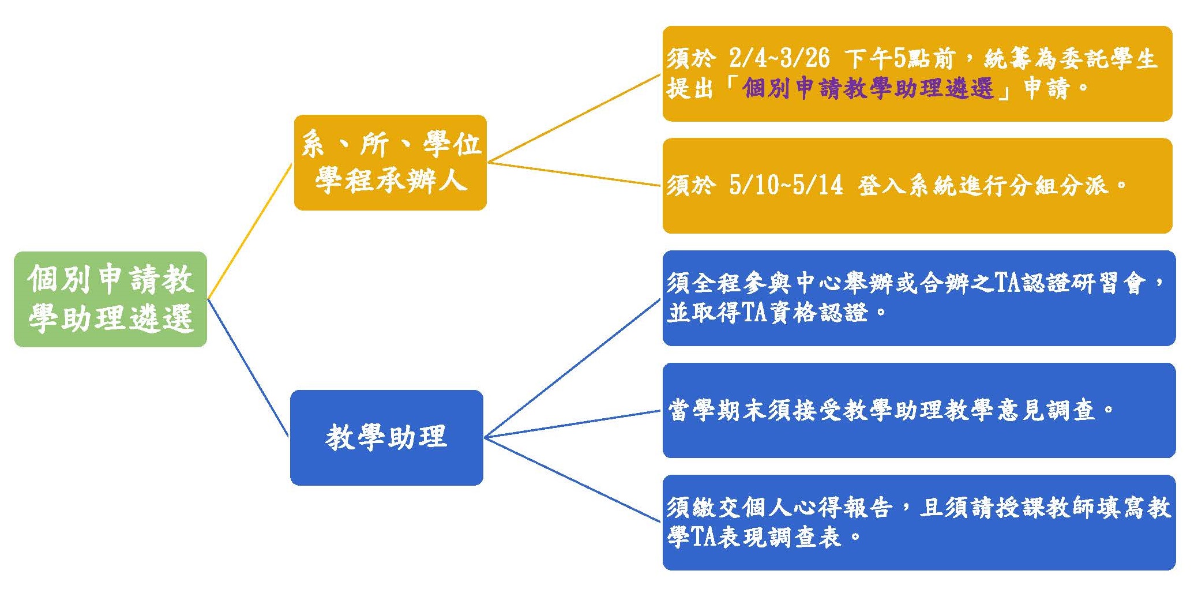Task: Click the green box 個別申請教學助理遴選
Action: click(x=110, y=299)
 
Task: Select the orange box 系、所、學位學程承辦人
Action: click(x=390, y=163)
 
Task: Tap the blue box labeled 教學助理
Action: click(x=386, y=437)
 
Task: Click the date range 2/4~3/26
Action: click(x=779, y=58)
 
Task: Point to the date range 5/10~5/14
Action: click(x=786, y=185)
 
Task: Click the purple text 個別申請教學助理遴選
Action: click(x=868, y=88)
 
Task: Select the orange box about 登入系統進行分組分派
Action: click(x=917, y=186)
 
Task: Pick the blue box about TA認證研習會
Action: click(x=919, y=298)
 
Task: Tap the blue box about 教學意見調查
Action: click(x=919, y=410)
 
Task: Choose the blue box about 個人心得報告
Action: click(x=919, y=523)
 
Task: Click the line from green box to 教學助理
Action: click(x=248, y=368)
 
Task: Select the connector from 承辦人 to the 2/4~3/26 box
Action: click(x=574, y=118)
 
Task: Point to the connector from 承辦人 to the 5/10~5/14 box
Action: click(x=574, y=174)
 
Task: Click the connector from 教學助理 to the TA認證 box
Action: click(x=572, y=368)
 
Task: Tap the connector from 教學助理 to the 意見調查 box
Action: click(x=572, y=424)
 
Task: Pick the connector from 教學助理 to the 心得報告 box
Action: click(x=572, y=479)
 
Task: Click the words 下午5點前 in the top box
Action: click(x=900, y=58)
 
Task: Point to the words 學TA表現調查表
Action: click(x=754, y=538)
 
